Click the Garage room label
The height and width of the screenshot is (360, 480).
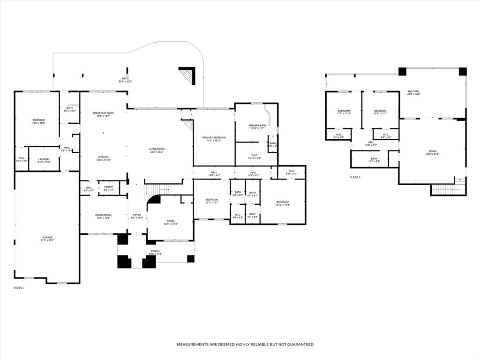point(47,239)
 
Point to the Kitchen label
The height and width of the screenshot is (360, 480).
point(103,158)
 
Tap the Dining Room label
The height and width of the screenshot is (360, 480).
point(103,216)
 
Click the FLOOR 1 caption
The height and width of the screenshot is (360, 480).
point(19,287)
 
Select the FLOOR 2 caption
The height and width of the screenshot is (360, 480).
point(355,177)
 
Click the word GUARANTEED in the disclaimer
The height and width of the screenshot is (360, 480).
point(298,345)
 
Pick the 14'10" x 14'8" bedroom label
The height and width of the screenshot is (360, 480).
point(282,203)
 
